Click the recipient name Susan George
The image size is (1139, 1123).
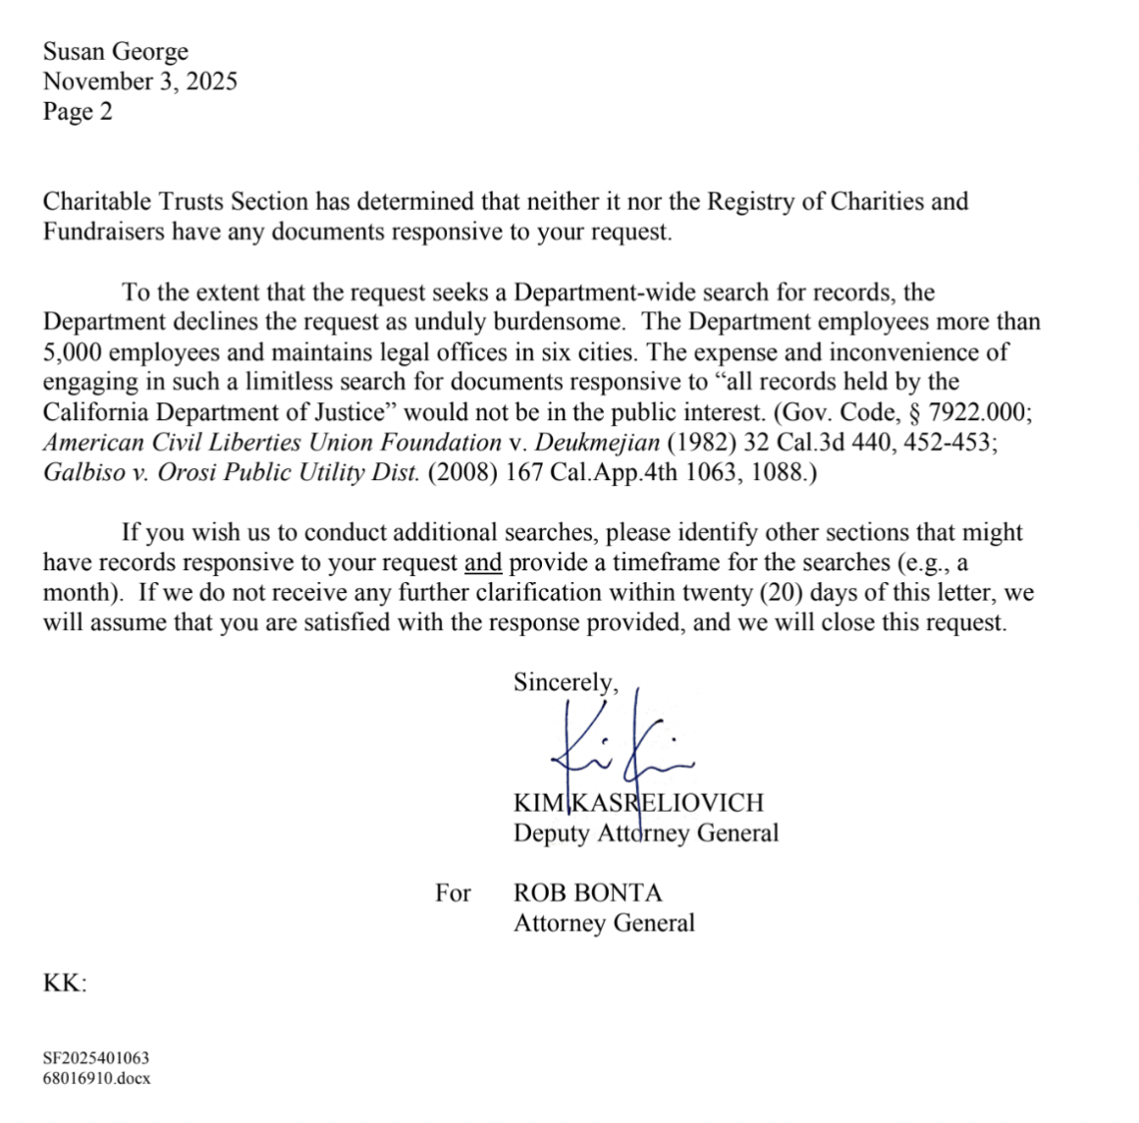click(x=115, y=51)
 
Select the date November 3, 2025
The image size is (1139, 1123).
click(x=139, y=81)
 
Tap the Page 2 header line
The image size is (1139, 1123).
click(x=78, y=111)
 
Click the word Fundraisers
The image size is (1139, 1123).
click(x=103, y=232)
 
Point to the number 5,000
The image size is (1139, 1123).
click(x=72, y=351)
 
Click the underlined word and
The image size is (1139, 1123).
click(x=482, y=562)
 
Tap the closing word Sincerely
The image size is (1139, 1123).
click(x=566, y=682)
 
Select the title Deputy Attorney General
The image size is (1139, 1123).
click(x=645, y=833)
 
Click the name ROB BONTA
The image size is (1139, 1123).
click(x=587, y=893)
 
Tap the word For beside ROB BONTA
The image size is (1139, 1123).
click(x=453, y=893)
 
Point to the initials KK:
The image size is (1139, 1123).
click(x=65, y=983)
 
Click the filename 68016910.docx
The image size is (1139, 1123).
click(x=96, y=1078)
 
